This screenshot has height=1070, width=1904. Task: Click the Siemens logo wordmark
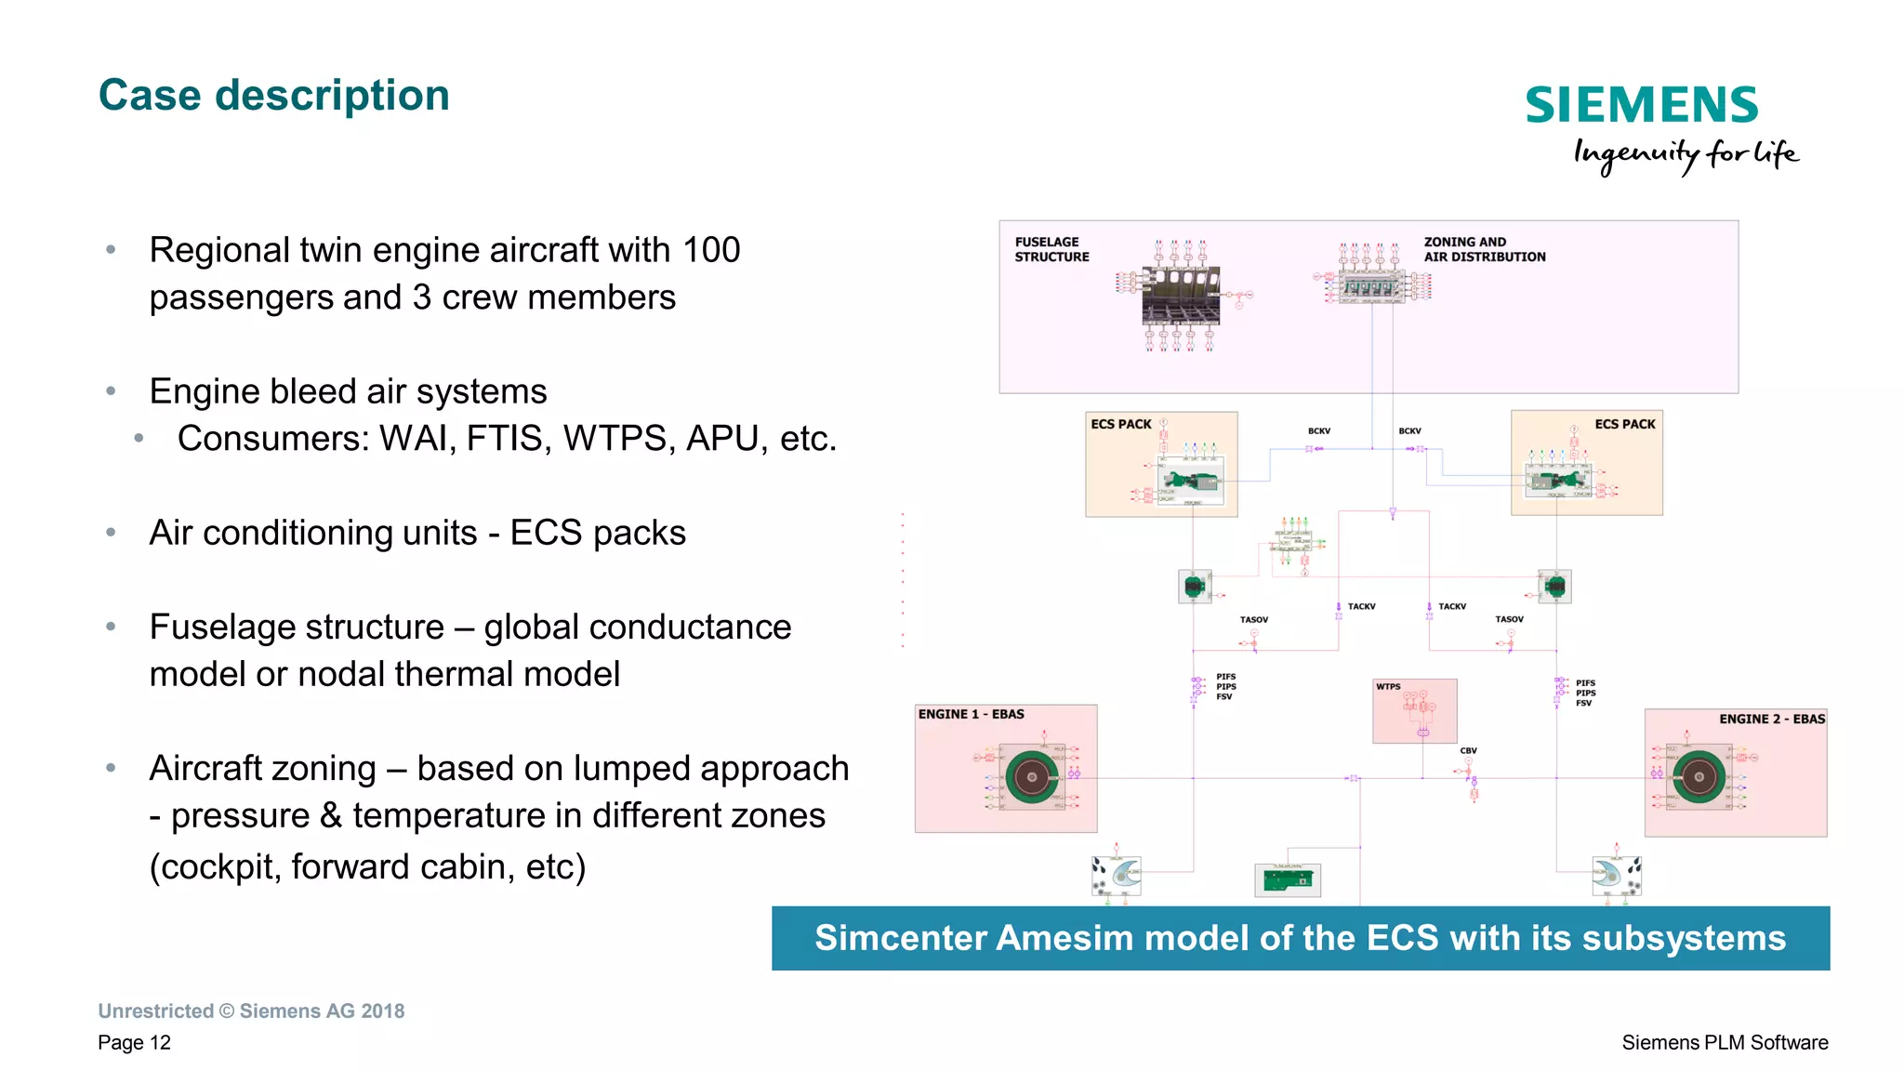coord(1641,105)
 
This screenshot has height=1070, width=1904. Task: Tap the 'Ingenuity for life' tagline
coord(1685,154)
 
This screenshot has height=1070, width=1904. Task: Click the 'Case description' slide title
coord(273,96)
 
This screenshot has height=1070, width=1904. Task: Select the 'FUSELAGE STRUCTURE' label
coord(1051,249)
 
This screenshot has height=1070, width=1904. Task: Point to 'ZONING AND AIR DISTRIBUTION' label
coord(1484,249)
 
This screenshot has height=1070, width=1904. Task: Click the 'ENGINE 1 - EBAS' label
coord(971,714)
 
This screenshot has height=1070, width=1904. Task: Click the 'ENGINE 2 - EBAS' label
coord(1771,719)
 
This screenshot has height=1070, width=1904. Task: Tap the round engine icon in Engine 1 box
coord(1031,776)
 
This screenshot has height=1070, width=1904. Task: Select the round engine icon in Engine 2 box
coord(1699,776)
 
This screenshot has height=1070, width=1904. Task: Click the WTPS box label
coord(1388,687)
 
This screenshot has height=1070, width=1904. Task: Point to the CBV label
coord(1468,750)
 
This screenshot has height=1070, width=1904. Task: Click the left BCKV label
coord(1318,431)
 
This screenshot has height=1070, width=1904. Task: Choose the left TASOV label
coord(1253,619)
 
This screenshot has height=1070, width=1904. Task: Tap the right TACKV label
coord(1451,606)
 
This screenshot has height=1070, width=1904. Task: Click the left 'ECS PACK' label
coord(1120,424)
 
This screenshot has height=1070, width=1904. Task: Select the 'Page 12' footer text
coord(135,1042)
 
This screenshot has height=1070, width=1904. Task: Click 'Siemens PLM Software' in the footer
coord(1725,1042)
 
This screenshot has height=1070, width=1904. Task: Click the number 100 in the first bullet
coord(711,250)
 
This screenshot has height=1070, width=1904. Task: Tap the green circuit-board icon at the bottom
coord(1287,878)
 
